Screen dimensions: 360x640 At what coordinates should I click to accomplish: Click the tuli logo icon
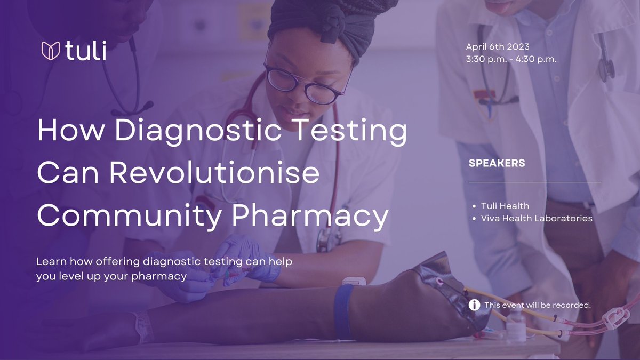pos(50,51)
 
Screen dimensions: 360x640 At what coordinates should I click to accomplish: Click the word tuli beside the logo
pos(86,51)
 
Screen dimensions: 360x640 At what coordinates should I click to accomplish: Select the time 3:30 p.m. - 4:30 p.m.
pos(511,59)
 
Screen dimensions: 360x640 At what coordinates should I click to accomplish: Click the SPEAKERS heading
pos(497,163)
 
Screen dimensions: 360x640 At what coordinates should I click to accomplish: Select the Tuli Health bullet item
pos(505,206)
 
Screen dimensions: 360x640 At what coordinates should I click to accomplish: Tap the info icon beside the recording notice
pos(474,305)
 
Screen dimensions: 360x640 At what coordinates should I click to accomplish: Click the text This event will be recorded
pos(538,306)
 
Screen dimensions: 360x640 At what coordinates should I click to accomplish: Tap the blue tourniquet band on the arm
pos(344,311)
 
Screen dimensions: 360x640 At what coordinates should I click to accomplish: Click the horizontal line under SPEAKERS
pos(534,182)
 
